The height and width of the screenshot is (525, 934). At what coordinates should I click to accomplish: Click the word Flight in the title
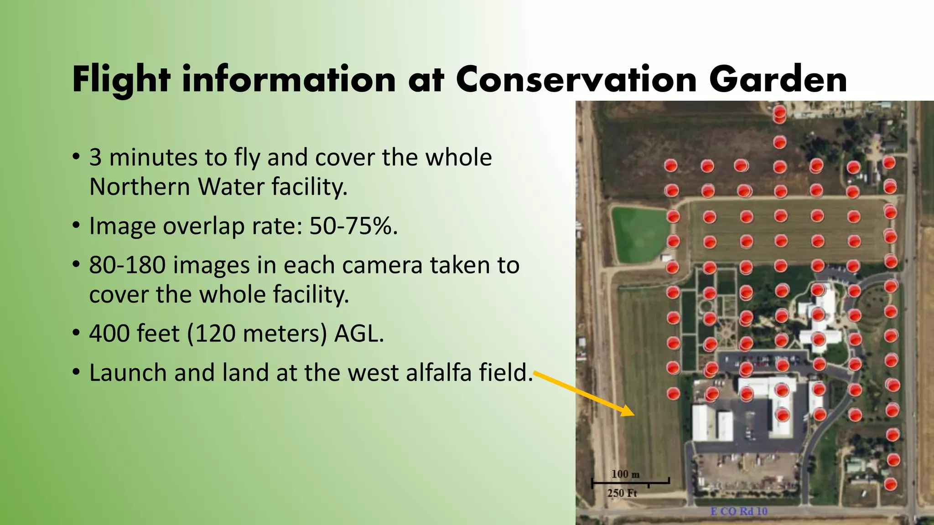pos(121,80)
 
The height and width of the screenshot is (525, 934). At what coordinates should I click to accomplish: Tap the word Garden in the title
pos(778,80)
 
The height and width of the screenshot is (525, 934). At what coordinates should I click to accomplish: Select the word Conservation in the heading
pos(576,80)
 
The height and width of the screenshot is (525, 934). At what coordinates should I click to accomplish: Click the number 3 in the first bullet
pos(95,158)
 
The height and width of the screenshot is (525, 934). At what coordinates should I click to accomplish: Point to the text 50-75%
pos(353,226)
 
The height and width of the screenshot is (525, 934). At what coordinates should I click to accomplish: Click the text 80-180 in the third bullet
pos(127,265)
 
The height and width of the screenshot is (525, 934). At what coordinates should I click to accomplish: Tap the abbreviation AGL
pos(359,334)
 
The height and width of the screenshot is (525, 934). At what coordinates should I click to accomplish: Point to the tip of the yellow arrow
pos(633,414)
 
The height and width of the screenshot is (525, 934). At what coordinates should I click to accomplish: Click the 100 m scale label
pos(625,474)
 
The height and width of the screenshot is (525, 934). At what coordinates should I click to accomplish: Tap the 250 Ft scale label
pos(622,493)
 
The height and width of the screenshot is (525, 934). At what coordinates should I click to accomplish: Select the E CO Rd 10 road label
pos(739,511)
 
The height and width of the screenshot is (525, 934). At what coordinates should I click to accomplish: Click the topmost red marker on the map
pos(779,112)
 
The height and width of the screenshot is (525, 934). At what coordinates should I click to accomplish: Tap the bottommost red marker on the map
pos(890,484)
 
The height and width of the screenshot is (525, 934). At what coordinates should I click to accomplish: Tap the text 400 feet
pos(134,334)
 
